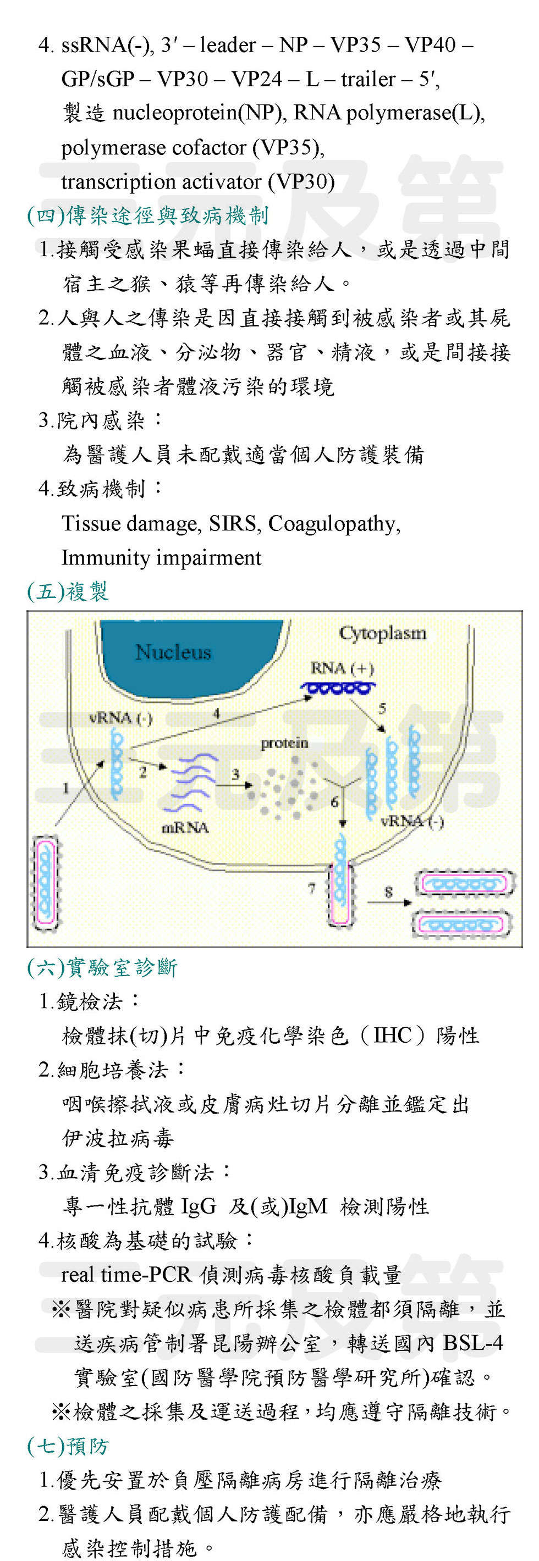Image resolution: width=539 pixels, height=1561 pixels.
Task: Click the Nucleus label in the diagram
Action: point(173,652)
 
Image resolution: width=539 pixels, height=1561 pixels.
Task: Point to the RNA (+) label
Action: point(342,668)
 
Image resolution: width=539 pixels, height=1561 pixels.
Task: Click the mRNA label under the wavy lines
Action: point(185,827)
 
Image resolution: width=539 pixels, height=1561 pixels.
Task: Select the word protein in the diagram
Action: point(284,743)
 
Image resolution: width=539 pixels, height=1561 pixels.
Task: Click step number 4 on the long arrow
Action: point(217,713)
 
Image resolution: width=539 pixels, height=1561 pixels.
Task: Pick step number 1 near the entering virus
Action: point(66,788)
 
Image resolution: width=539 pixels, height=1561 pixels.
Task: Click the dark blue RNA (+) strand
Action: point(338,687)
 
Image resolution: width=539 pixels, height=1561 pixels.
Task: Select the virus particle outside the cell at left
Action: point(45,882)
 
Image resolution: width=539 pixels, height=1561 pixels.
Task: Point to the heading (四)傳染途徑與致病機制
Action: point(148,215)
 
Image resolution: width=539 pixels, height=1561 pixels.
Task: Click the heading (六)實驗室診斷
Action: point(102,967)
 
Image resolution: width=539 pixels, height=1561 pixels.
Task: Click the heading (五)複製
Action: point(68,591)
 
